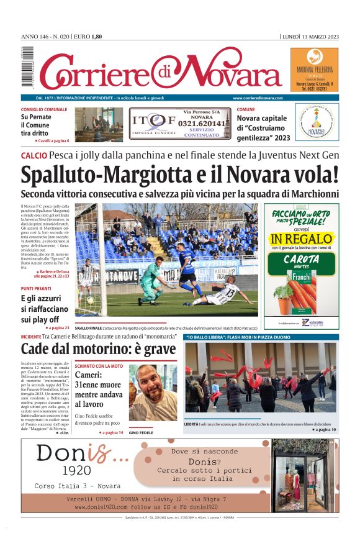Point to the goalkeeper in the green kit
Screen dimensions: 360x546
coord(151,283)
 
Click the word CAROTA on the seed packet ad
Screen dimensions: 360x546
coord(301,260)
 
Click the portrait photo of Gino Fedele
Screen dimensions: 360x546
coord(152,394)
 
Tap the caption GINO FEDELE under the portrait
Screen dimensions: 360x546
coord(141,432)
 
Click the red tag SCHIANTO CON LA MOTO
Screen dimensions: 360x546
coord(99,366)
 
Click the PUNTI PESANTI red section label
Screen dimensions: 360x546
coord(36,289)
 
